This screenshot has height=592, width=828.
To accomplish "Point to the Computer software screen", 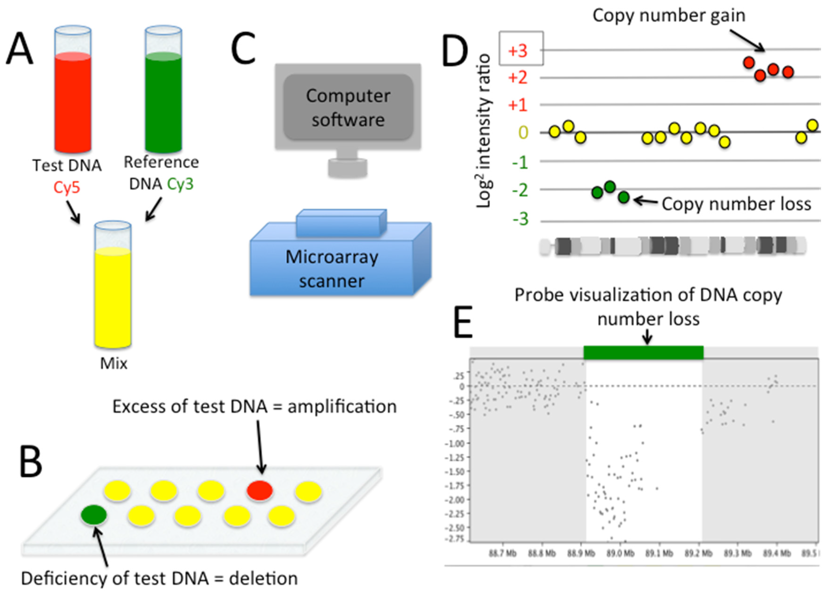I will [x=348, y=107].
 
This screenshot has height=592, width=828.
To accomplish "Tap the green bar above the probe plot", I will [x=643, y=352].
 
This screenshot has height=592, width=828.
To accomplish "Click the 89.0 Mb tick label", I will [x=620, y=553].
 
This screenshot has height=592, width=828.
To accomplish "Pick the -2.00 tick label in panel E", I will [x=454, y=500].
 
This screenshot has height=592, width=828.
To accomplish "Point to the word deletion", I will [x=263, y=578].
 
